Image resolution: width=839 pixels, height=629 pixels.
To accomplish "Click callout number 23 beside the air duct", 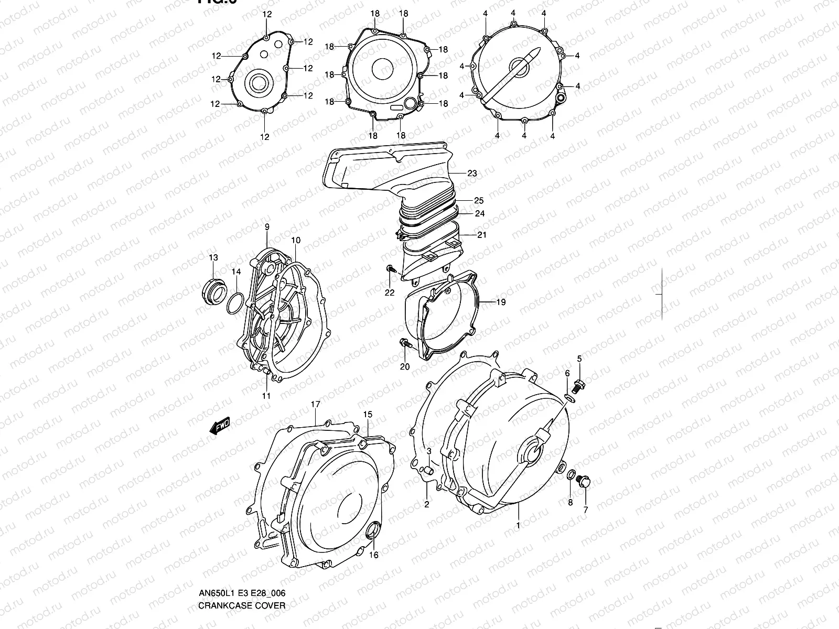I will (x=472, y=173).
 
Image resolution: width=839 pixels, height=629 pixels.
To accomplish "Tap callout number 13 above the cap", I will (x=213, y=257).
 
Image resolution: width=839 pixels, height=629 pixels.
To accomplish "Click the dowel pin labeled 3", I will (x=427, y=468).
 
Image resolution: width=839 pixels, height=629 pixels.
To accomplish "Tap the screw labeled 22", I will (x=390, y=269).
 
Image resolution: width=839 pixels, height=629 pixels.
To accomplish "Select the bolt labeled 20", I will (x=404, y=344).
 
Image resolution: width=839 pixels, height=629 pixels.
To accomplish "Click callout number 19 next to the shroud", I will (x=500, y=302).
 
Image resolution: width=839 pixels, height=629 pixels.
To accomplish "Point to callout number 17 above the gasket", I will (x=315, y=404).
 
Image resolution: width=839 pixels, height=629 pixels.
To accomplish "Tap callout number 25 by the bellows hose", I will (x=478, y=201).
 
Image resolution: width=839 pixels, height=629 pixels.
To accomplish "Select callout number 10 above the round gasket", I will (x=296, y=241).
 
